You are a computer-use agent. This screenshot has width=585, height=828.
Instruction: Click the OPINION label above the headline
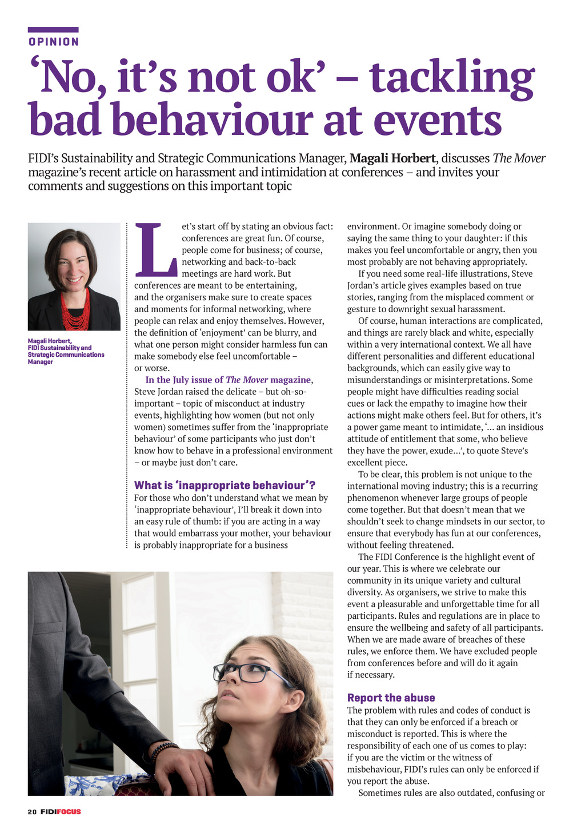[54, 42]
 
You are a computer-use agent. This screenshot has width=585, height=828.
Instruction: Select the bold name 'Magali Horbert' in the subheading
[391, 158]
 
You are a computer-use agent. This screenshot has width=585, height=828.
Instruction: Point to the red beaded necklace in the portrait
[75, 312]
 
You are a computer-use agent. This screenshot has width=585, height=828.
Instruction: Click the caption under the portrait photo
[66, 351]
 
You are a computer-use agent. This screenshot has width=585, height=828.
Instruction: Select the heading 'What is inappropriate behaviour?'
[225, 485]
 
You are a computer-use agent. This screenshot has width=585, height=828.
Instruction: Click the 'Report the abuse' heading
[391, 698]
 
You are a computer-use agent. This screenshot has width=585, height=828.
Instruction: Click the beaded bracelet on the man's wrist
[165, 749]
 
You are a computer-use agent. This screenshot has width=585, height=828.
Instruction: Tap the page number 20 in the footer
[32, 812]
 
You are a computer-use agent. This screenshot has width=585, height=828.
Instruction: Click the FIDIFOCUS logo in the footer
[61, 812]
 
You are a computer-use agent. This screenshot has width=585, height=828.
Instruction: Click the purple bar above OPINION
[53, 30]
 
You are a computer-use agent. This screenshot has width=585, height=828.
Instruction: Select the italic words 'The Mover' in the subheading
[519, 158]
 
